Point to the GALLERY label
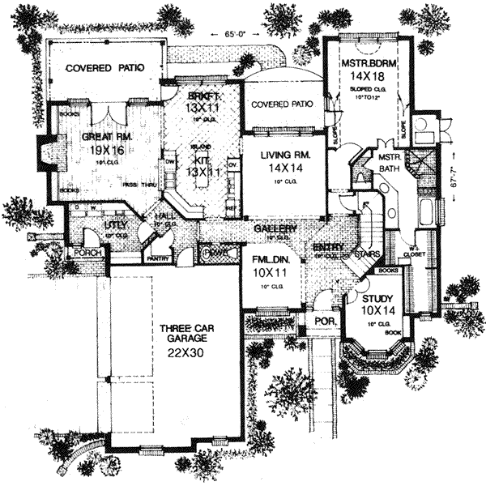coord(273,229)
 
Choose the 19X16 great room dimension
coord(101,150)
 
